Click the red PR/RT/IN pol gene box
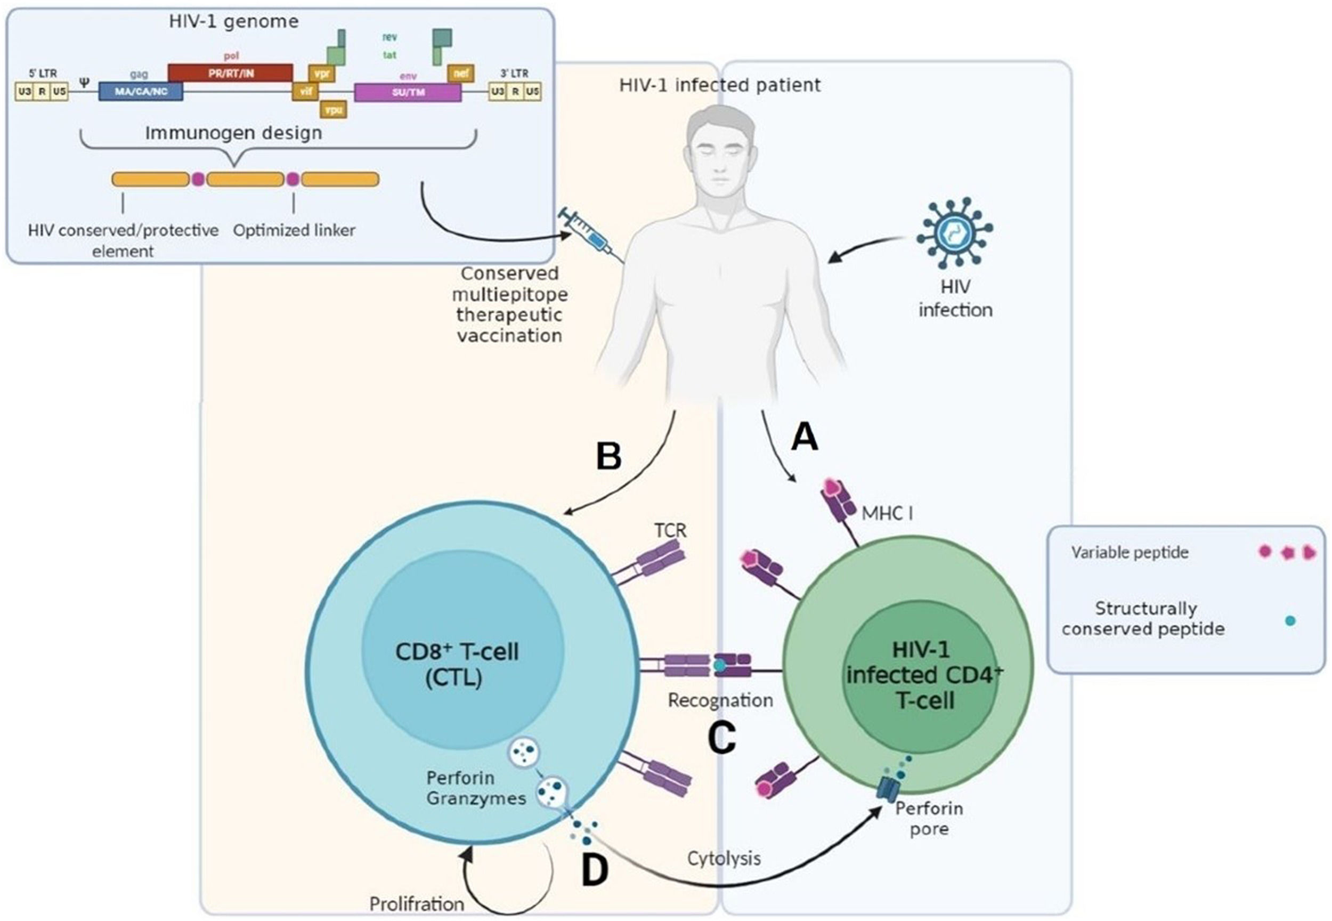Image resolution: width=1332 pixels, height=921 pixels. [x=230, y=72]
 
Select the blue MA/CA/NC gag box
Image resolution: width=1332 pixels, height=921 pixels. [x=141, y=91]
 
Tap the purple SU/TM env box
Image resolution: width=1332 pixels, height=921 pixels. [x=407, y=92]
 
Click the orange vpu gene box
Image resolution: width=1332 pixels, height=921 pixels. [x=334, y=110]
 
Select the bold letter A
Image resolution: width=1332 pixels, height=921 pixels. [x=805, y=437]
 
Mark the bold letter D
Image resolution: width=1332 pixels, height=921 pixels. [x=595, y=870]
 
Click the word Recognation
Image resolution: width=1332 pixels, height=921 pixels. [x=720, y=700]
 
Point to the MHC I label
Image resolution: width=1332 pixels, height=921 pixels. [x=887, y=513]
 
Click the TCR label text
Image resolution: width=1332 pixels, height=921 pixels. [x=670, y=530]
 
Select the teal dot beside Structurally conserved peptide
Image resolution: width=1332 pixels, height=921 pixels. [x=1290, y=621]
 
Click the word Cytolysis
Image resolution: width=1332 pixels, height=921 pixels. [x=724, y=859]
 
